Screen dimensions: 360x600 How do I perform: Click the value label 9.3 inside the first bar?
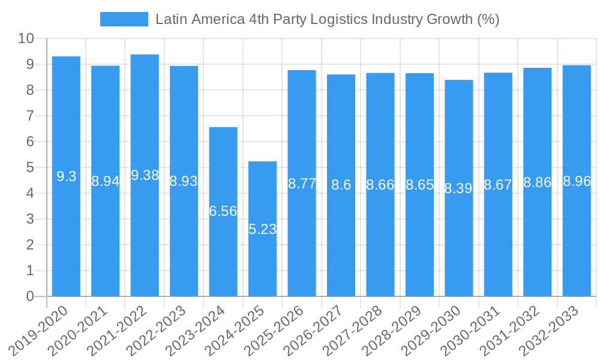pyautogui.click(x=66, y=176)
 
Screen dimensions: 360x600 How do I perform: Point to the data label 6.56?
pyautogui.click(x=223, y=211)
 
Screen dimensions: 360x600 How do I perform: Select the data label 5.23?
pyautogui.click(x=262, y=229)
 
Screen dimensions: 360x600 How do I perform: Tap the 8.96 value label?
pyautogui.click(x=577, y=181)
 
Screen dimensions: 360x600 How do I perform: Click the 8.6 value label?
pyautogui.click(x=341, y=185)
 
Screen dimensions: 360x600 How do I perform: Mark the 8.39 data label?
pyautogui.click(x=459, y=188)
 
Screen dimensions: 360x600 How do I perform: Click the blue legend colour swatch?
pyautogui.click(x=124, y=19)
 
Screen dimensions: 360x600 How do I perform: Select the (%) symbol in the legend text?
pyautogui.click(x=488, y=19)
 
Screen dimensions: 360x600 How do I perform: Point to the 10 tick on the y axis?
pyautogui.click(x=26, y=39)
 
